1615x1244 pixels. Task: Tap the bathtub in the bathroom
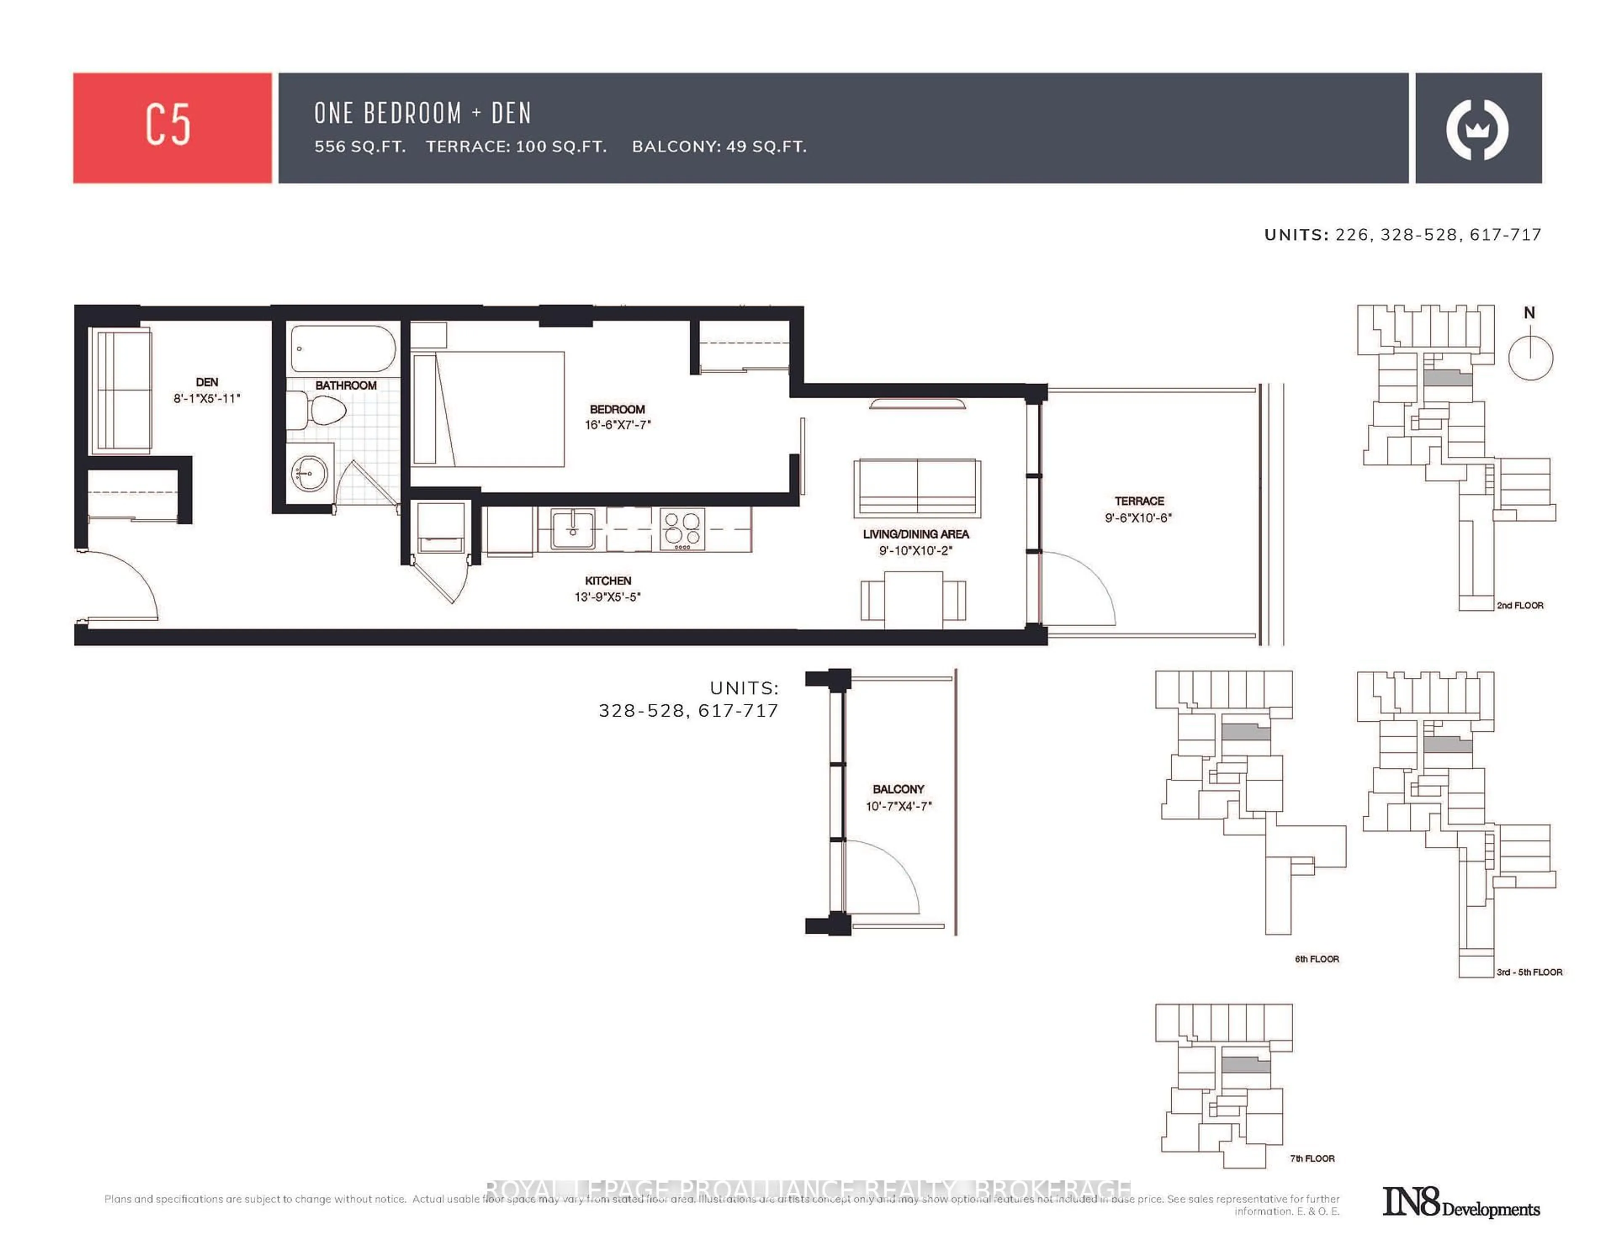coord(342,349)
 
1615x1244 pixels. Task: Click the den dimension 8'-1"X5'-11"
coord(207,399)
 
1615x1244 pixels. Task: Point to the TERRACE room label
coord(1139,501)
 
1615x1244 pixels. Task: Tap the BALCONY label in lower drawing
coord(898,789)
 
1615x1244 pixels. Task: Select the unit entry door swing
coord(122,584)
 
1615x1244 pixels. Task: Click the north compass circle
coord(1530,358)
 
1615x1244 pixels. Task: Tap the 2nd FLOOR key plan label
coord(1520,605)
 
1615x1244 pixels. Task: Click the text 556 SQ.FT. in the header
coord(360,146)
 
